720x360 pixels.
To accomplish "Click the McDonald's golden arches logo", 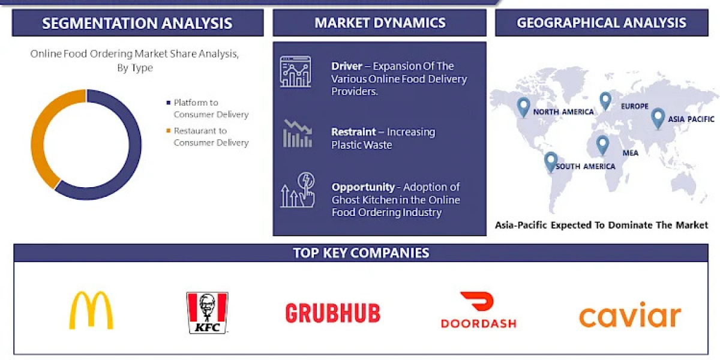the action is pyautogui.click(x=91, y=310).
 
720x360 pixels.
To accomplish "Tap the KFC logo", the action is pyautogui.click(x=208, y=313).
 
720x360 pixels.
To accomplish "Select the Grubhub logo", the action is pyautogui.click(x=332, y=313).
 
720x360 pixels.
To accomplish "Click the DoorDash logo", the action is pyautogui.click(x=479, y=310).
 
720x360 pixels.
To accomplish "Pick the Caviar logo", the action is pyautogui.click(x=630, y=314).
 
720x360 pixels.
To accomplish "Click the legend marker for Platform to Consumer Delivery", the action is pyautogui.click(x=168, y=103).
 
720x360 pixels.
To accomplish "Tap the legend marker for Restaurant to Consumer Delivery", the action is pyautogui.click(x=168, y=131).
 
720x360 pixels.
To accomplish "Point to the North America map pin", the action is pyautogui.click(x=523, y=106).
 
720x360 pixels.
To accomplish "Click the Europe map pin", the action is pyautogui.click(x=605, y=100).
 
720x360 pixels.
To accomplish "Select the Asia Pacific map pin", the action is pyautogui.click(x=658, y=118).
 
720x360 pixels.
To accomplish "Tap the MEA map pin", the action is pyautogui.click(x=602, y=145).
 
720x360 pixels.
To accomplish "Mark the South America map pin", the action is pyautogui.click(x=551, y=161).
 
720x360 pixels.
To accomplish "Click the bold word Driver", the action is pyautogui.click(x=347, y=66).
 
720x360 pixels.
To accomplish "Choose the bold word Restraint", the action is pyautogui.click(x=353, y=132).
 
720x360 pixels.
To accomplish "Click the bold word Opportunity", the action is pyautogui.click(x=363, y=187).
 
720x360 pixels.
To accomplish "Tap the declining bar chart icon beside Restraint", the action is pyautogui.click(x=298, y=133).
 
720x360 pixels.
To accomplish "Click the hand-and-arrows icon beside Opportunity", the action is pyautogui.click(x=298, y=190).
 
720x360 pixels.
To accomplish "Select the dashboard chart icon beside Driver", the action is pyautogui.click(x=296, y=71).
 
